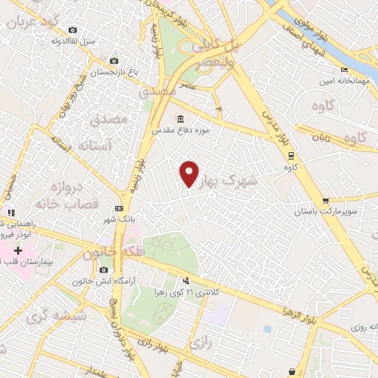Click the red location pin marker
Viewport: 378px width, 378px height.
click(190, 174)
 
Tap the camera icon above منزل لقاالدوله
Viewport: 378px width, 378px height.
click(72, 30)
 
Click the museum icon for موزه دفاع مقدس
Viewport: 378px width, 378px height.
click(181, 119)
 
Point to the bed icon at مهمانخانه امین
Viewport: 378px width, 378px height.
click(344, 70)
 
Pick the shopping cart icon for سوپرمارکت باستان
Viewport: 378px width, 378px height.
click(326, 200)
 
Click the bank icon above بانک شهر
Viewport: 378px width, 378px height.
click(119, 209)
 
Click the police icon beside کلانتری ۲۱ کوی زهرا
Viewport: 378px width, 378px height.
click(186, 281)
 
